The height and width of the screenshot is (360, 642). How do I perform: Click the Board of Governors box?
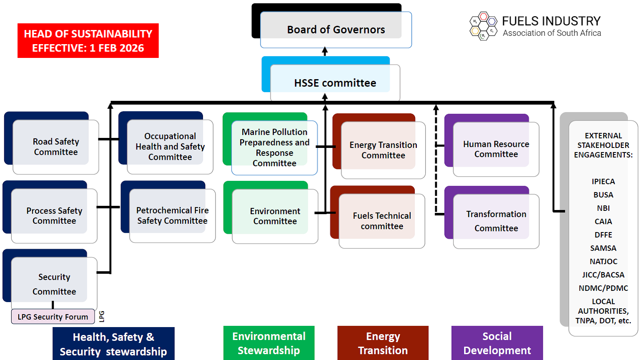click(x=336, y=30)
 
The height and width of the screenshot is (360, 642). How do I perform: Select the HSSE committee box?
click(x=335, y=83)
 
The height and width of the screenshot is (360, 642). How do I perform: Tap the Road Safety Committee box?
click(x=55, y=147)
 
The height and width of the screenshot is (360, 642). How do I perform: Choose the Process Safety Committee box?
click(x=54, y=215)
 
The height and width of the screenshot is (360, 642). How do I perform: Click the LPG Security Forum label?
click(x=53, y=317)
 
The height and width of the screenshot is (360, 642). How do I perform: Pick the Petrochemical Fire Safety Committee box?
click(x=172, y=215)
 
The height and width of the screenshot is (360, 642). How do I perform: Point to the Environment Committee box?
click(x=275, y=216)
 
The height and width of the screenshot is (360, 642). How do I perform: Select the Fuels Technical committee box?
click(x=381, y=221)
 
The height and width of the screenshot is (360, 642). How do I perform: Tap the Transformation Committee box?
click(x=496, y=221)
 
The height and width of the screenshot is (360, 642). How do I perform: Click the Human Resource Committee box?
click(x=496, y=149)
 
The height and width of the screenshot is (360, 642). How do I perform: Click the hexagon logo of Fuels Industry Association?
click(x=483, y=26)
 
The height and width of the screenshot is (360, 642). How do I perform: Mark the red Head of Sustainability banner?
click(x=88, y=41)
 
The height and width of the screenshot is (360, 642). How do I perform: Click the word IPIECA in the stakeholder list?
click(x=603, y=182)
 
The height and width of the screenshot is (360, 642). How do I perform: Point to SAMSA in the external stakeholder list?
click(x=603, y=248)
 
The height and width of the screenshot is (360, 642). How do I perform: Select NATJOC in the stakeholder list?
click(x=603, y=262)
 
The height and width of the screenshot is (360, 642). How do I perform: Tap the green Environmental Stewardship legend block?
click(x=269, y=343)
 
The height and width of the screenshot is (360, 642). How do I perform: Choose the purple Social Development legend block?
click(x=497, y=343)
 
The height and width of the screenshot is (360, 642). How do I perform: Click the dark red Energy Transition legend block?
click(x=383, y=343)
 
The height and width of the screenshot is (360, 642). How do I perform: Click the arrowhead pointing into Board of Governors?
click(x=325, y=51)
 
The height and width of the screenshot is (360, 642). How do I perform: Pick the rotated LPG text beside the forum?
click(x=102, y=317)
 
